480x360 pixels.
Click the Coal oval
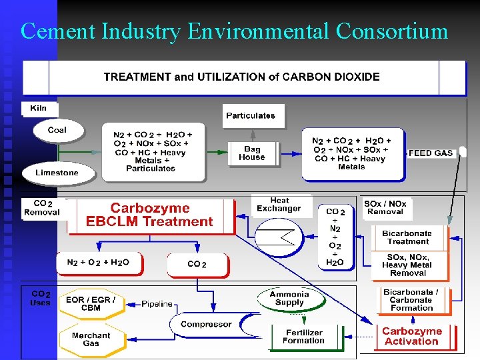tap(59, 131)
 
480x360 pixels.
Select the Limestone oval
tap(59, 173)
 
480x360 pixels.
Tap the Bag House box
tap(253, 154)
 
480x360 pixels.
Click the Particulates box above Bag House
tap(253, 116)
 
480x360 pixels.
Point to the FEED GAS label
tap(431, 153)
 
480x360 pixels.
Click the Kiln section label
tap(39, 109)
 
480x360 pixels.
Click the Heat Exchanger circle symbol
tap(279, 237)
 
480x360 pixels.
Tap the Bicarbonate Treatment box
tap(409, 238)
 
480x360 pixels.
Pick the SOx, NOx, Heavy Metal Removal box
tap(409, 265)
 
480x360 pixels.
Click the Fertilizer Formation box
tap(307, 337)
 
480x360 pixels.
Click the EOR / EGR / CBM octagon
tap(91, 304)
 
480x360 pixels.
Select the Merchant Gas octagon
tap(92, 340)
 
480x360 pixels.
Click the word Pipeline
tap(157, 304)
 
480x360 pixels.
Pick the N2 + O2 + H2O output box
tap(99, 263)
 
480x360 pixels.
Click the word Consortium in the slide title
tap(392, 31)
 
